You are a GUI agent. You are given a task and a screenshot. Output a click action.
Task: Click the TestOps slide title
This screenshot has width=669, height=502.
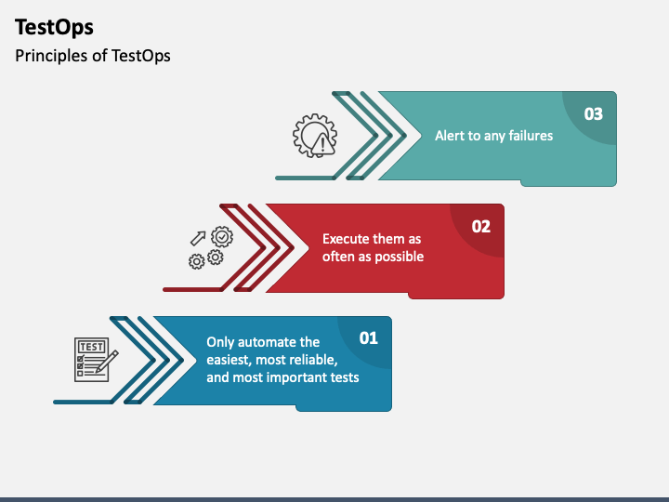point(54,27)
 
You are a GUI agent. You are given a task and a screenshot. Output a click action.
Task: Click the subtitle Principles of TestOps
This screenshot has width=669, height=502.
point(93,55)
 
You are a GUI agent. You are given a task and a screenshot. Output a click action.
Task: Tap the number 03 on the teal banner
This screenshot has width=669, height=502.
point(593,113)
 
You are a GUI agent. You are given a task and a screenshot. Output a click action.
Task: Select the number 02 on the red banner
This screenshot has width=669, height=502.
point(480,226)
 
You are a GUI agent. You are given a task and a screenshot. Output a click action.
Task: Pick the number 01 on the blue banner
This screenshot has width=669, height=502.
point(369,337)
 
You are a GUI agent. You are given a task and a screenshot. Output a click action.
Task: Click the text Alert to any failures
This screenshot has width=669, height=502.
point(493,136)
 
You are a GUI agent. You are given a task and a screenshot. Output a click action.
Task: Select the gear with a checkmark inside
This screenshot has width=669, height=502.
point(222,237)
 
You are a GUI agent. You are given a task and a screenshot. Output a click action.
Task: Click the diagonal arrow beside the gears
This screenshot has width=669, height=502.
point(198,239)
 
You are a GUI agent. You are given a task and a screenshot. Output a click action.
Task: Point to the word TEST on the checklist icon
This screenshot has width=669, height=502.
point(91,347)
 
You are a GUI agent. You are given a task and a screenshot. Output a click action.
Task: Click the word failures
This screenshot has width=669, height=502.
point(529,136)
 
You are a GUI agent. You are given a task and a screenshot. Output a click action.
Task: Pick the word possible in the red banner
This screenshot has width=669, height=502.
point(400,256)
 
